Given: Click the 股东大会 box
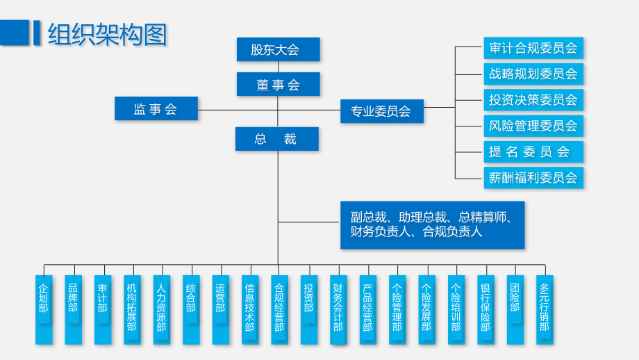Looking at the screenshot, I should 278,49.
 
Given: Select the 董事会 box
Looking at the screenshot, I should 278,85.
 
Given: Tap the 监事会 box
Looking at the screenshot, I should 156,109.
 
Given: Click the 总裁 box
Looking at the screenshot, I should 276,139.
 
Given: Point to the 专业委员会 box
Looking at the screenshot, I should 381,111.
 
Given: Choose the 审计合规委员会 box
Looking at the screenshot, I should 533,48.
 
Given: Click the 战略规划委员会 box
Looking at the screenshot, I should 533,74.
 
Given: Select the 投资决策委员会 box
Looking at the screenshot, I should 533,100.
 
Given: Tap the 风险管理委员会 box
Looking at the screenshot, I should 533,126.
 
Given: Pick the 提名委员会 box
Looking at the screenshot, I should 533,152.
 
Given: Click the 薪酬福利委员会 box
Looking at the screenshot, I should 533,177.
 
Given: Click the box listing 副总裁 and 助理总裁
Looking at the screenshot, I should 432,224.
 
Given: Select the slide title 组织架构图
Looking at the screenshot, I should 108,33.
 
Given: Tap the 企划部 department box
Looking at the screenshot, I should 44,309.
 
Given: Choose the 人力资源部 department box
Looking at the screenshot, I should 161,309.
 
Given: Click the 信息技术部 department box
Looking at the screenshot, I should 249,309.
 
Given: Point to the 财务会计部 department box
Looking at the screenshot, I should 338,309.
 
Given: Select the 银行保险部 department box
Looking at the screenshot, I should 486,309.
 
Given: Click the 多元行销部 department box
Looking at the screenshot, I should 545,309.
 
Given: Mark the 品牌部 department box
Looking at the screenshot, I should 73,309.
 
